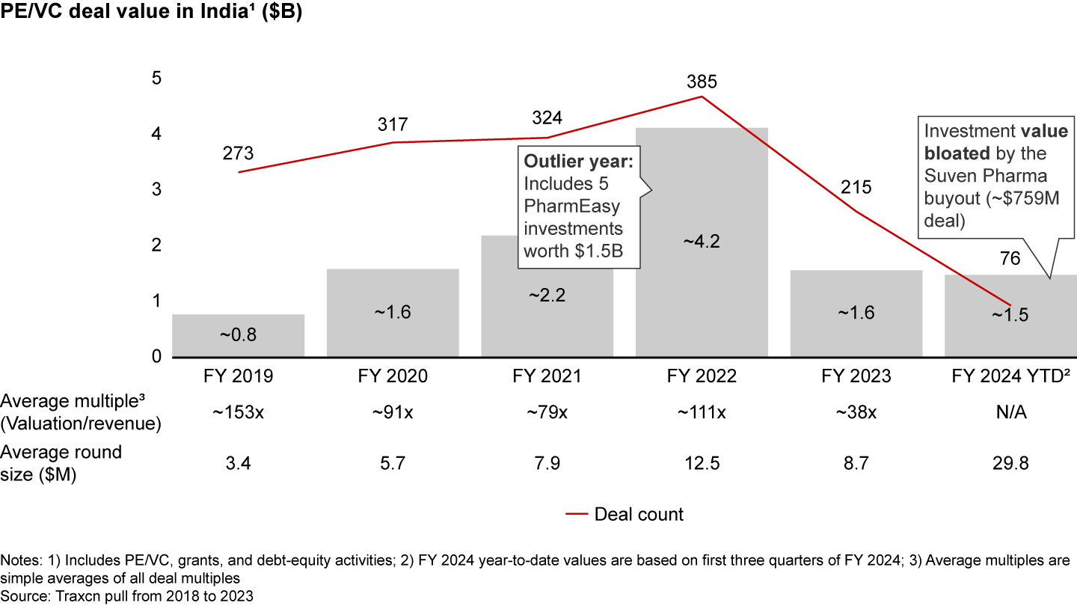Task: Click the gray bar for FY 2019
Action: coord(238,336)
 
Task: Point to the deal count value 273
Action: coord(238,153)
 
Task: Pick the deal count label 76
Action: coord(1010,258)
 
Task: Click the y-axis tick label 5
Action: coord(156,78)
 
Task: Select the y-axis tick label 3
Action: coord(156,189)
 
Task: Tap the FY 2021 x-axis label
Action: coord(547,376)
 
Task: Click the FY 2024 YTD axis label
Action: coord(1010,376)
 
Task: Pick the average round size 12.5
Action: coord(702,464)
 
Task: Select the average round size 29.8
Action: coord(1010,464)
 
